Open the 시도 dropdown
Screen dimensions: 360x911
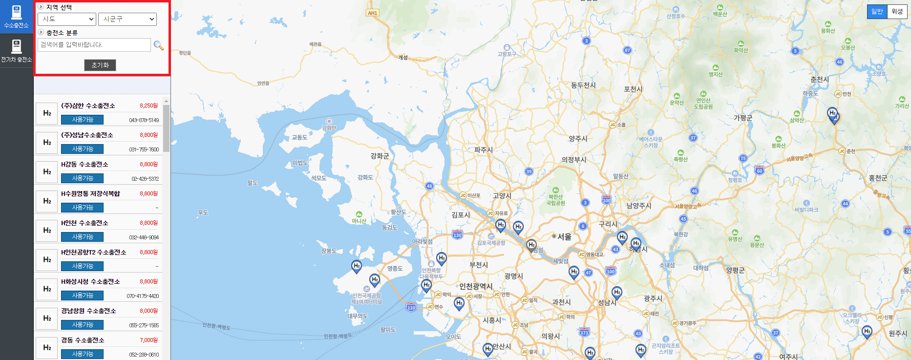[x=66, y=19]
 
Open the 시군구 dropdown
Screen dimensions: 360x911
[x=127, y=19]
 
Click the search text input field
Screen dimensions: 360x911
[x=94, y=45]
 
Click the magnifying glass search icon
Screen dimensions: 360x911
[x=159, y=45]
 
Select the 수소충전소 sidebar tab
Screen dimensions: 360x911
[x=16, y=17]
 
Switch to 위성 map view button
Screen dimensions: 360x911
[x=897, y=12]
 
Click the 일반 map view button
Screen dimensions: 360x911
[x=877, y=12]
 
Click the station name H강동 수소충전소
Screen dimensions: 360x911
[x=85, y=165]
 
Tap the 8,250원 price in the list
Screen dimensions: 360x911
[x=148, y=106]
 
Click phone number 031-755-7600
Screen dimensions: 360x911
[x=144, y=149]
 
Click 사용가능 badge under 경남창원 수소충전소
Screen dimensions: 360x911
[x=82, y=325]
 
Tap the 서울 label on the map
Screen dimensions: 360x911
[x=564, y=236]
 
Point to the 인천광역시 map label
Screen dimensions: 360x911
[x=476, y=286]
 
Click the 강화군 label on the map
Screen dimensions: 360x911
[x=380, y=156]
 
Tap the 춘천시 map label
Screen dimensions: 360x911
[x=819, y=79]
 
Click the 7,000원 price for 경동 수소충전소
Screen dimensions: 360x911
[x=148, y=340]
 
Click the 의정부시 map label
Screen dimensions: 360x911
[x=573, y=160]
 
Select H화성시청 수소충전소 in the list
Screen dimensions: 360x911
[x=90, y=282]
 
